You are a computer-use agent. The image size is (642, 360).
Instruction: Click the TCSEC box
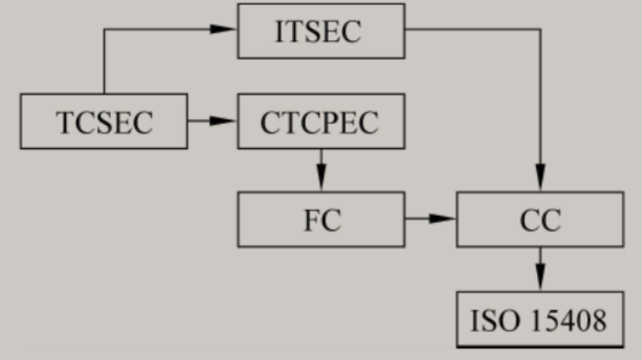(x=104, y=122)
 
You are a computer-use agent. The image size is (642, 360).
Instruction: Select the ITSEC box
(x=321, y=31)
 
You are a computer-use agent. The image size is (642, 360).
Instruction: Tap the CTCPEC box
(x=321, y=122)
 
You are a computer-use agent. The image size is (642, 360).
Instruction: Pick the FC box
(x=321, y=219)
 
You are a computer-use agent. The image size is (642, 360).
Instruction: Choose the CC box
(x=539, y=219)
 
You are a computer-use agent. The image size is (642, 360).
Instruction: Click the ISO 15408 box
(x=539, y=319)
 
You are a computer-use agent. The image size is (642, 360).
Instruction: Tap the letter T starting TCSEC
(x=63, y=122)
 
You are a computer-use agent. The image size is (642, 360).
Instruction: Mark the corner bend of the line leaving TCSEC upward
(x=104, y=31)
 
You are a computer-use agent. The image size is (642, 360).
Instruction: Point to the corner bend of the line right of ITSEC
(x=540, y=31)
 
